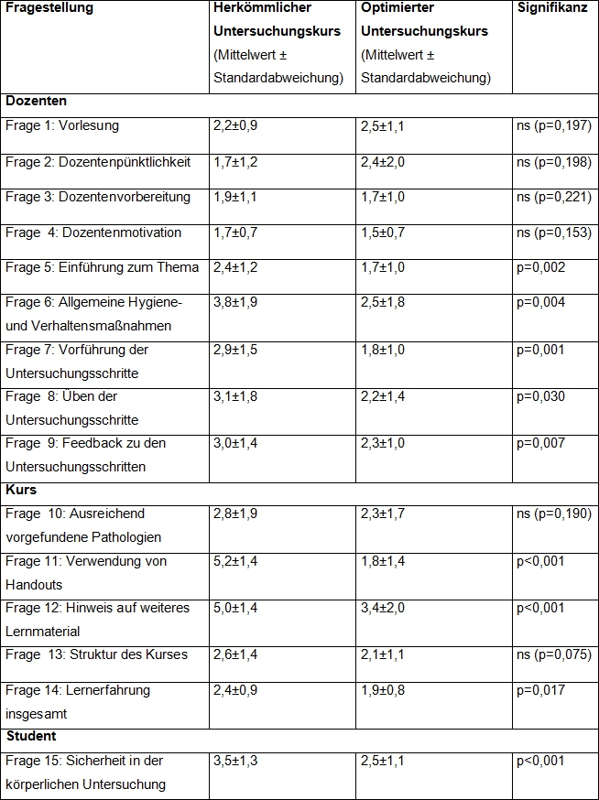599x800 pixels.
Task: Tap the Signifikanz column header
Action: pos(552,8)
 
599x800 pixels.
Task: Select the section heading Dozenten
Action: pos(36,102)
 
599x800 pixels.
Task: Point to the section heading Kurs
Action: pos(21,490)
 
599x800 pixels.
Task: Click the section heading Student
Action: pos(31,736)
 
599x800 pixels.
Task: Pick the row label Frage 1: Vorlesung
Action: pos(62,126)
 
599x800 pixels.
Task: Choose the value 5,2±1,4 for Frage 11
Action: pos(235,561)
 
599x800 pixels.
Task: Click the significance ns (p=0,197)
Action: pos(553,126)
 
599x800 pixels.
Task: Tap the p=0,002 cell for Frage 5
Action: pos(541,268)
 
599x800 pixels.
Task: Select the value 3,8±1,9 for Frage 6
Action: pos(235,303)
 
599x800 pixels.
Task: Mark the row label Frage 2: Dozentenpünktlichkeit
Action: pos(98,162)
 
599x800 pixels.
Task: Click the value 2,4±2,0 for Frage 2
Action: pos(383,162)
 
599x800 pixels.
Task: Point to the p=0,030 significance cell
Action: pos(541,396)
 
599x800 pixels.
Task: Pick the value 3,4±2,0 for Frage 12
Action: pos(383,608)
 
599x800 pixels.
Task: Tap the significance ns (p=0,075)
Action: pos(553,654)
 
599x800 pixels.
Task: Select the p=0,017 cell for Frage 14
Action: pos(541,690)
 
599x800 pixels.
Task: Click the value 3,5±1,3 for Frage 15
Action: pos(235,761)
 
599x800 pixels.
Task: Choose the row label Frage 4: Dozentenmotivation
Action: pos(93,232)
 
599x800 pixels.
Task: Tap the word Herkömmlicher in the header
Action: pos(261,8)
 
